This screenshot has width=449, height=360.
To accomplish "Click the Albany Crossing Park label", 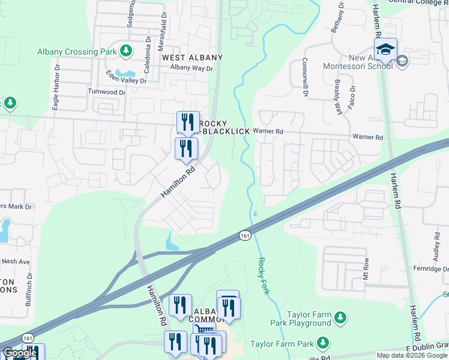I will click(x=76, y=52).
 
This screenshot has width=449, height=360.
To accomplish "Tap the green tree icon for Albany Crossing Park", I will click(x=126, y=52).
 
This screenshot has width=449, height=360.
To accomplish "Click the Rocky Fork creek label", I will click(x=262, y=275).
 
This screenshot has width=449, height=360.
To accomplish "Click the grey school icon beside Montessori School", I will click(x=402, y=61).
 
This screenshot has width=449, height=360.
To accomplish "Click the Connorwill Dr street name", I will click(x=306, y=78).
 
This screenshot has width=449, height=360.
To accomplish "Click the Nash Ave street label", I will click(x=15, y=262).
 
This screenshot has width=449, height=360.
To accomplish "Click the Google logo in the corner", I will click(x=20, y=353).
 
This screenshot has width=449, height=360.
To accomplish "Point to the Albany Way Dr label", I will click(x=191, y=68).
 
